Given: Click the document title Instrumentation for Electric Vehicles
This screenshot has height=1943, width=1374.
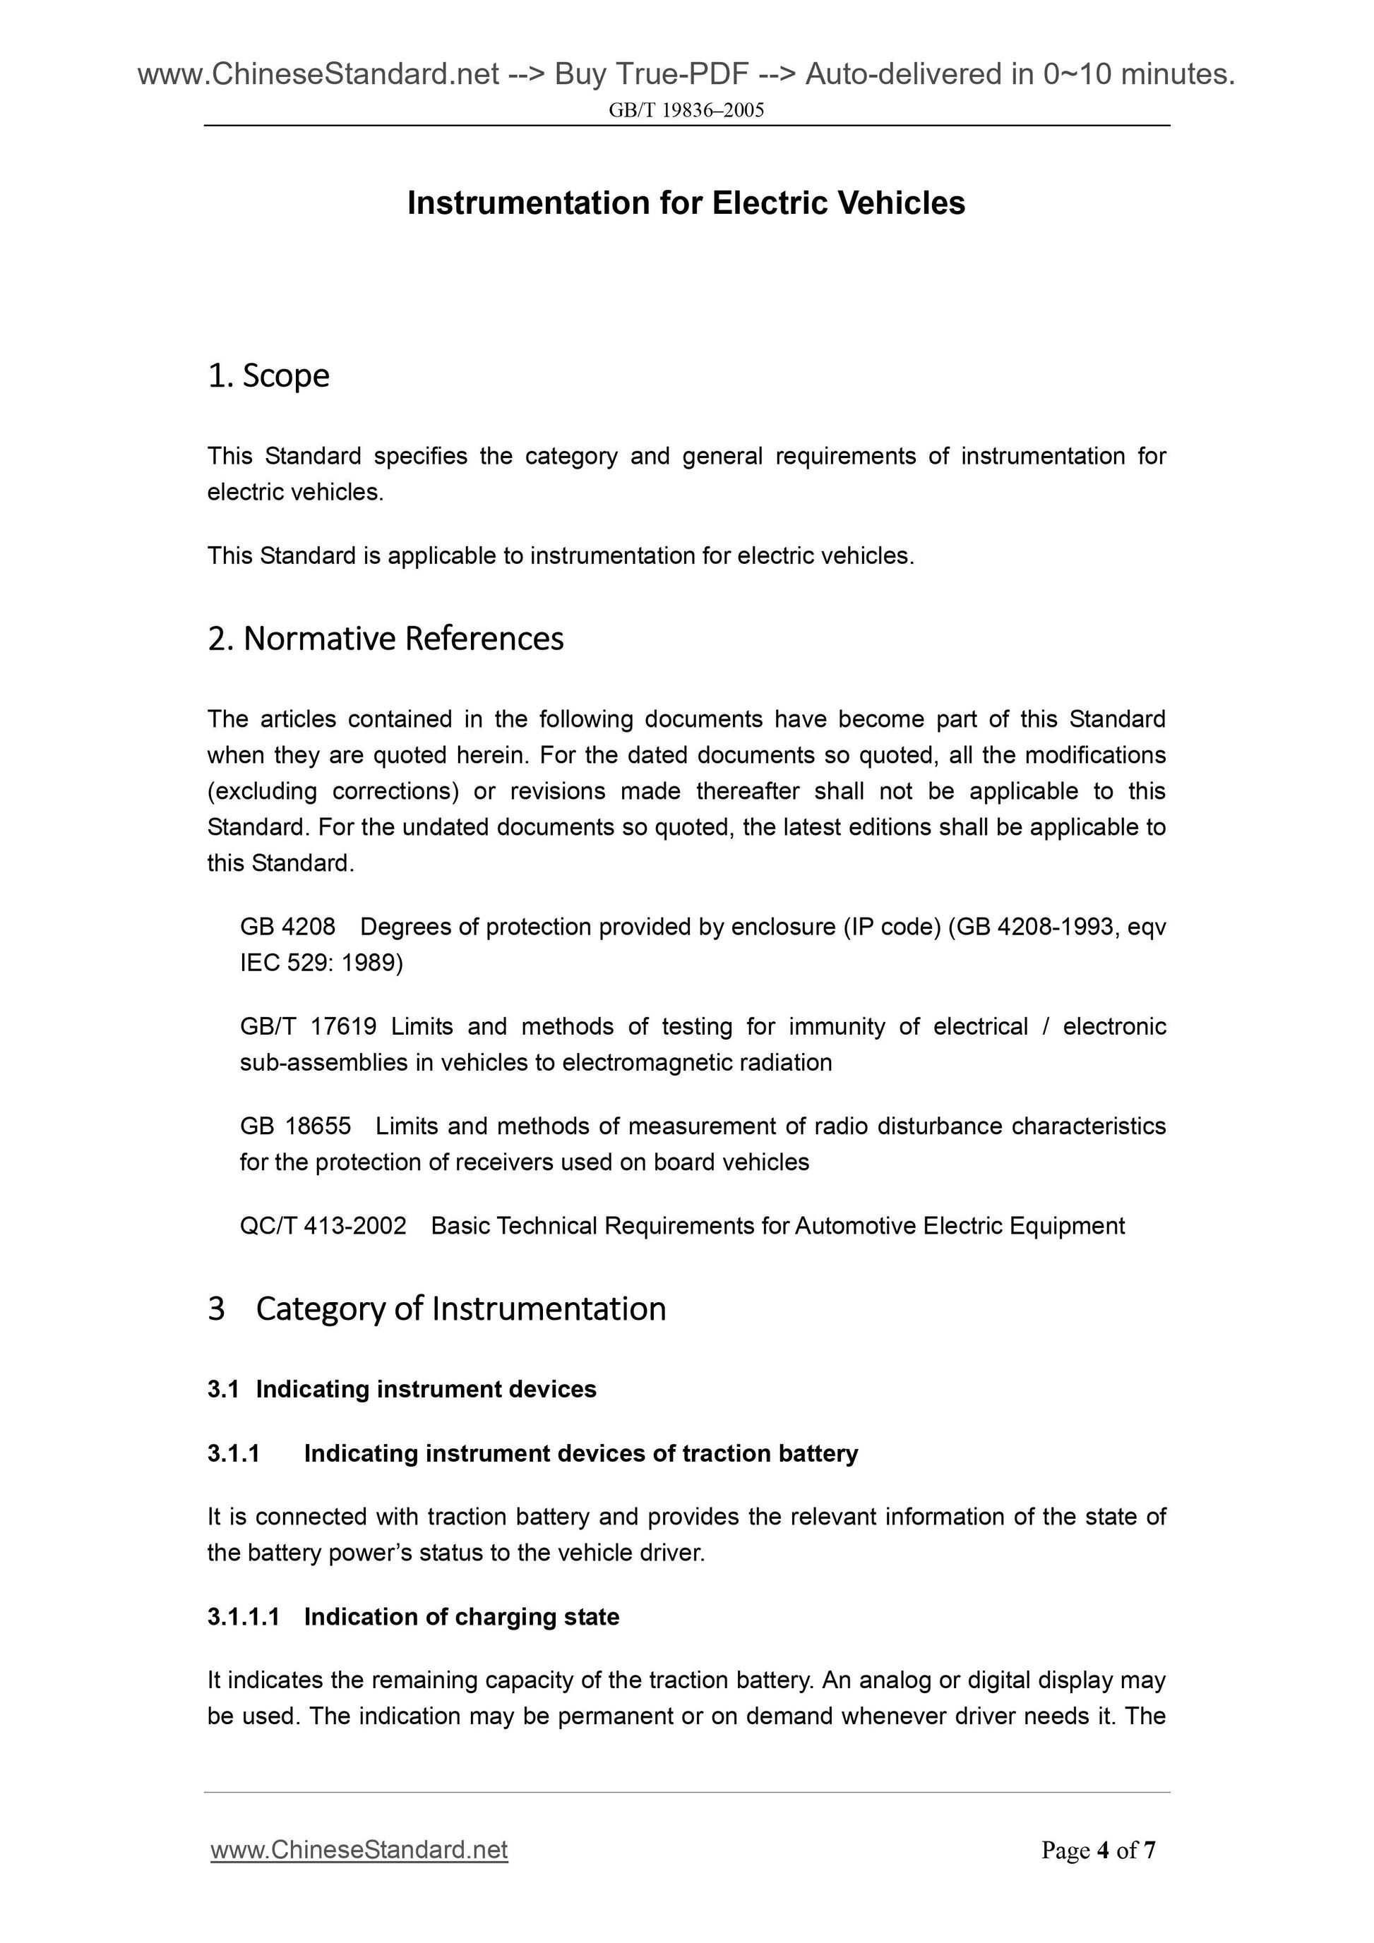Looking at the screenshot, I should tap(686, 203).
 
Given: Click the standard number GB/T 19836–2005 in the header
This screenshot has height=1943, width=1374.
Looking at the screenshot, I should tap(686, 110).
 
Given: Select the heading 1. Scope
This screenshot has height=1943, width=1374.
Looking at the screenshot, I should tap(268, 375).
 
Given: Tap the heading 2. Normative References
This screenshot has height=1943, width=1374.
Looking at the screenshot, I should tap(386, 638).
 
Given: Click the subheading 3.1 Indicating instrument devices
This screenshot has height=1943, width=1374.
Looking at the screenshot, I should tap(402, 1389).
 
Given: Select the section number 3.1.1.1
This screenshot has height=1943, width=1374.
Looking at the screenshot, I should tap(243, 1616).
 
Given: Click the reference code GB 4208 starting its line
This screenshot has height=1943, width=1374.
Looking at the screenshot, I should tap(288, 927).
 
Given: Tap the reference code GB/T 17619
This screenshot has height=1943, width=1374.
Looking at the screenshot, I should tap(308, 1026).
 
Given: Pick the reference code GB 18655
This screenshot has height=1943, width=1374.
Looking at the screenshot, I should tap(295, 1126).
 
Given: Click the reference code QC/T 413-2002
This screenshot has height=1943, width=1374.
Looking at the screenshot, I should tap(323, 1225).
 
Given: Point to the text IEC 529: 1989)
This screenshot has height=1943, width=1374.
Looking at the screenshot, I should tap(322, 963).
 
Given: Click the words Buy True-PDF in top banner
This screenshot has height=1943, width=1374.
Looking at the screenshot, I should tap(651, 75).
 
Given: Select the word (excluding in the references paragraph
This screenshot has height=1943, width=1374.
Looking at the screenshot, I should tap(263, 791).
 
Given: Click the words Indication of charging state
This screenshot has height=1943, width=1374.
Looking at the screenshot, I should tap(461, 1616).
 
